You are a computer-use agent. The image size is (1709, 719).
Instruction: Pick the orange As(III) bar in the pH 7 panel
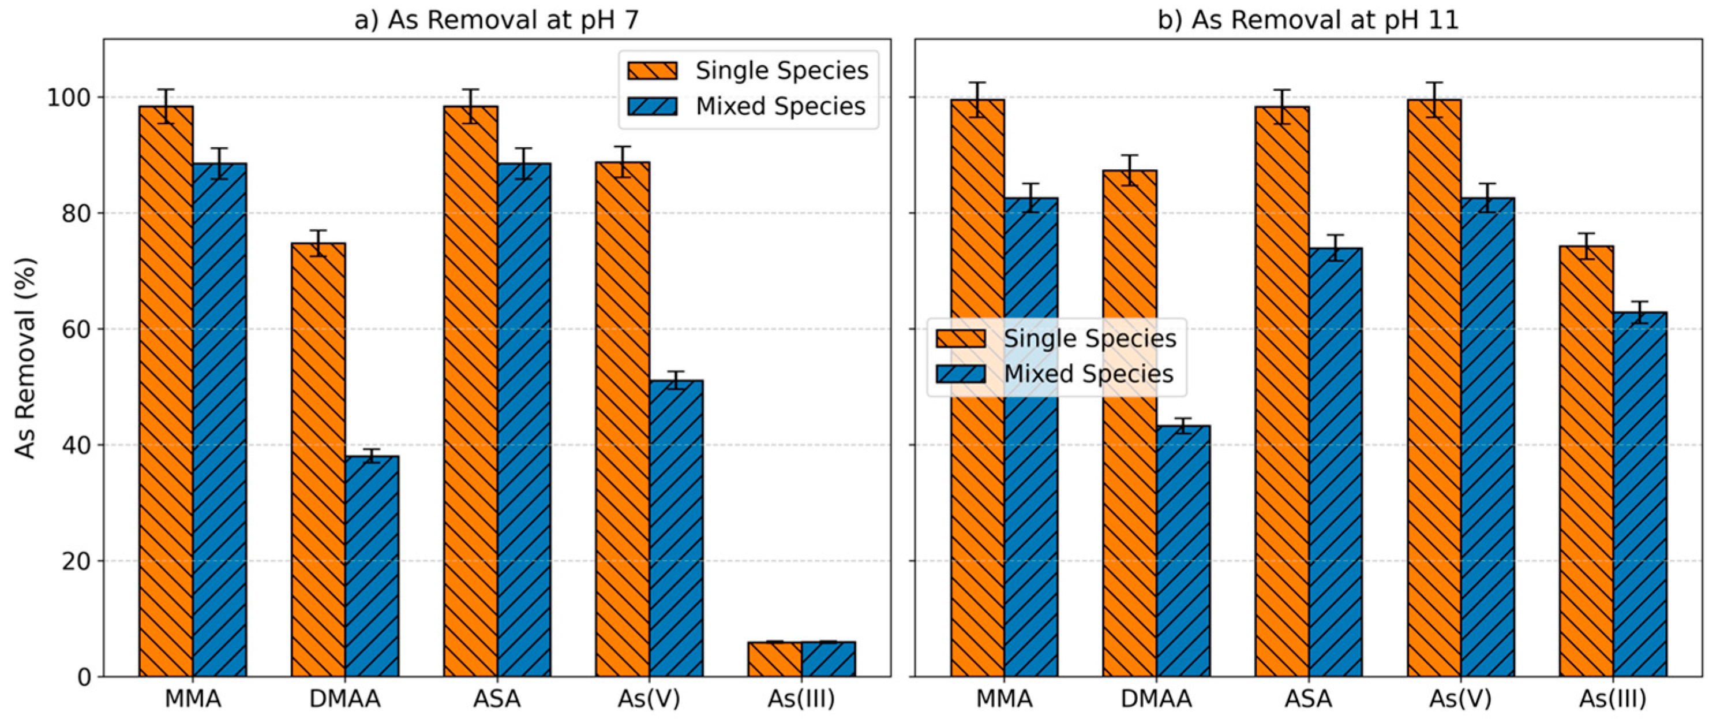[774, 658]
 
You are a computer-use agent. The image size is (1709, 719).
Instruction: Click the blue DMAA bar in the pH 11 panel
[1183, 550]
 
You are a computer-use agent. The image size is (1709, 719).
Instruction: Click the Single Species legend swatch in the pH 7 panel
[653, 71]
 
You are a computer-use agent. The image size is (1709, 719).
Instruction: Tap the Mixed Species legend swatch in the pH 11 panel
[961, 374]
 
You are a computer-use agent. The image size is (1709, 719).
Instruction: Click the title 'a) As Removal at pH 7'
[496, 20]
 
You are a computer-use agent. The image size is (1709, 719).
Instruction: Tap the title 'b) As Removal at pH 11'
[1308, 20]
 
